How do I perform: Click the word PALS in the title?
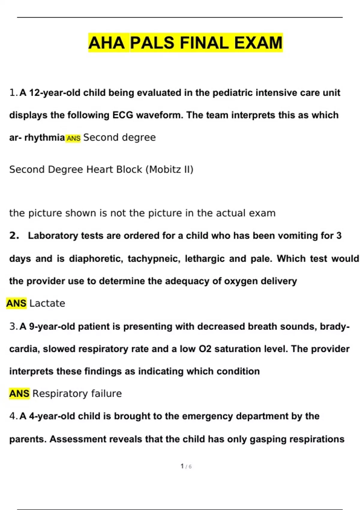click(152, 43)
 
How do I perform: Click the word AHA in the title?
click(106, 43)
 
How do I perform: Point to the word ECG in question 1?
click(123, 115)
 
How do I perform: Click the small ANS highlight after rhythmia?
click(73, 138)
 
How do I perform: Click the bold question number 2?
click(14, 235)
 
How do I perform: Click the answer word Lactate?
click(47, 303)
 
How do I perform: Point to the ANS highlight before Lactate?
click(16, 303)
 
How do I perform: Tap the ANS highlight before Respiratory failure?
click(19, 393)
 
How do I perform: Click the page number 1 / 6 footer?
click(186, 466)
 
